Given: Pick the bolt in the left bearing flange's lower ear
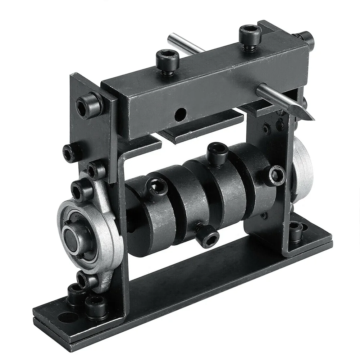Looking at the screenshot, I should [x=83, y=279].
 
